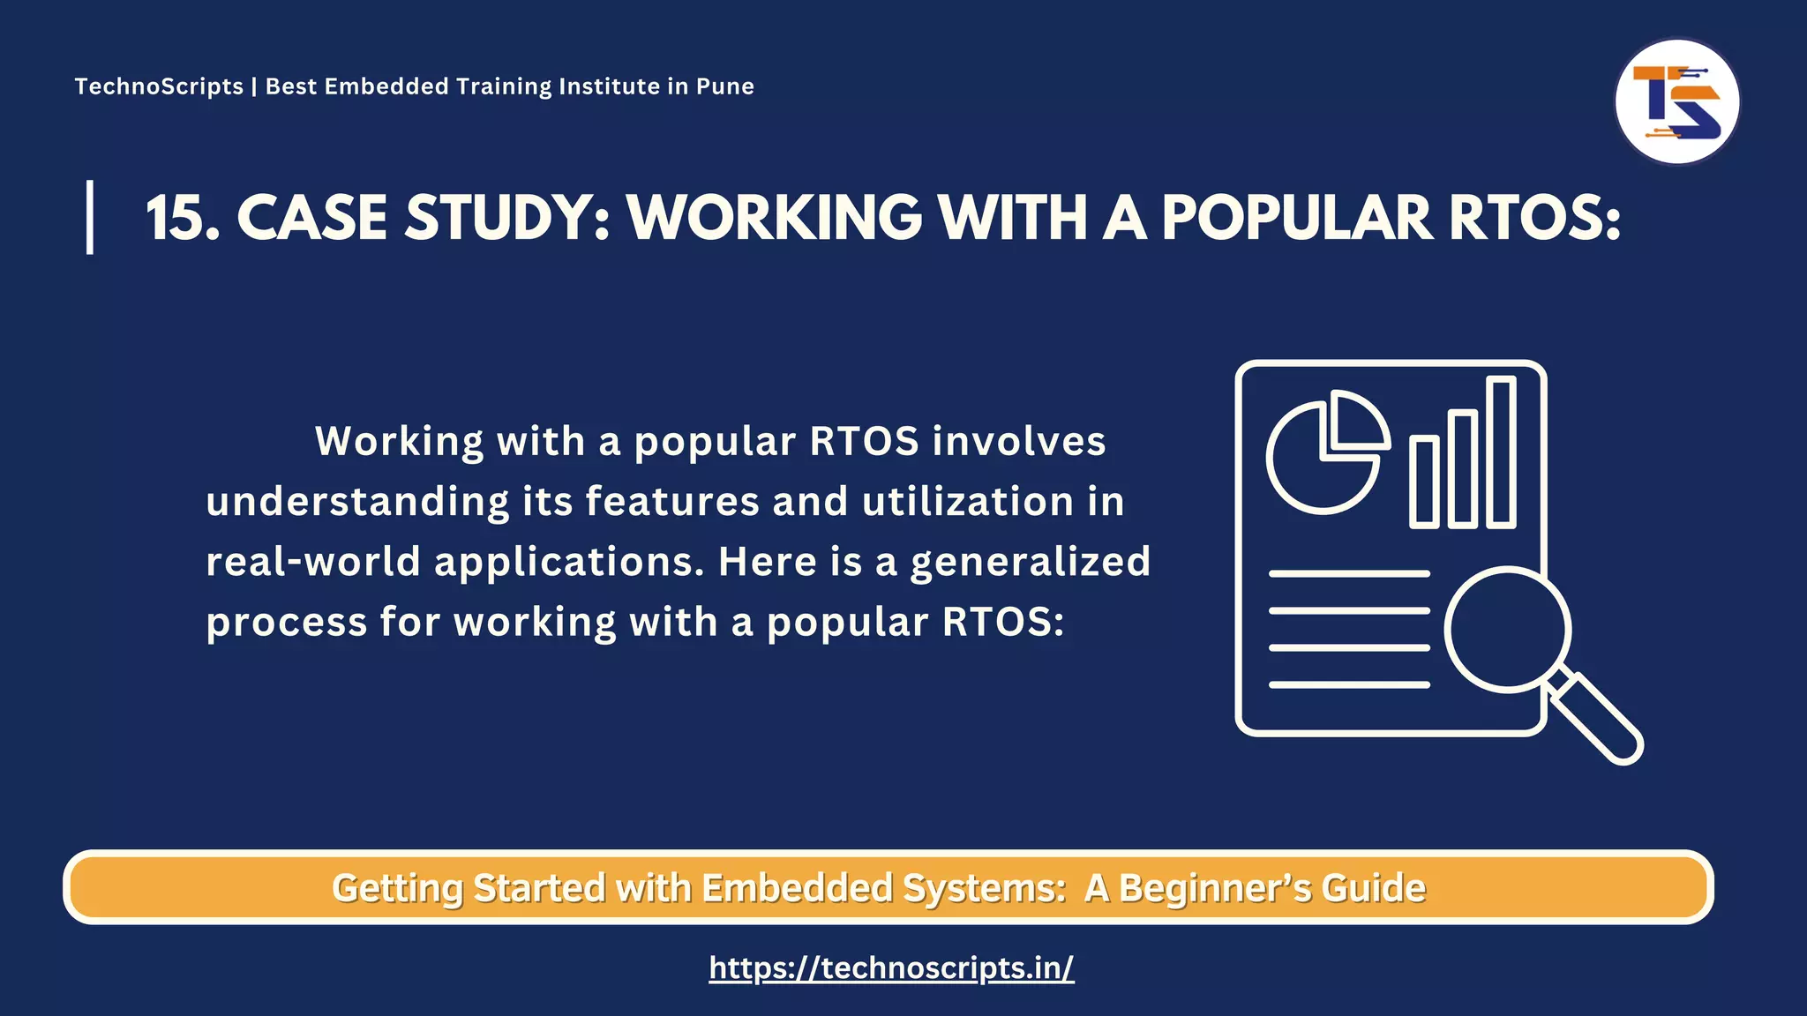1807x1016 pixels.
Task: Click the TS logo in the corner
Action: click(x=1676, y=101)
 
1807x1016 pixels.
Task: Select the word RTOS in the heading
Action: click(x=1533, y=218)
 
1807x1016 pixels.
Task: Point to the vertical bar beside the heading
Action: click(x=90, y=217)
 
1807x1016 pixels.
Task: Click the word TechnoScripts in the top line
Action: click(x=159, y=86)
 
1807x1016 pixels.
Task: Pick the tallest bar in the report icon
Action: click(x=1501, y=452)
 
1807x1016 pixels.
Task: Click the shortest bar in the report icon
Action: click(x=1424, y=482)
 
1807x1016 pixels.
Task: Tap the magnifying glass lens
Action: click(x=1508, y=630)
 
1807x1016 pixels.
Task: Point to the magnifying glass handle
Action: click(x=1598, y=720)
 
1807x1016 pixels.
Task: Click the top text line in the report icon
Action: click(x=1349, y=574)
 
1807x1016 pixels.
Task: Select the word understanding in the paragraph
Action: click(x=357, y=502)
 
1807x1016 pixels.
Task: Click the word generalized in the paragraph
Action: click(x=1030, y=562)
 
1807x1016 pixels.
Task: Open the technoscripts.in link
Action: click(x=891, y=967)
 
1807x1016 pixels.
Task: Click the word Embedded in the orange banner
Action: click(x=797, y=888)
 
